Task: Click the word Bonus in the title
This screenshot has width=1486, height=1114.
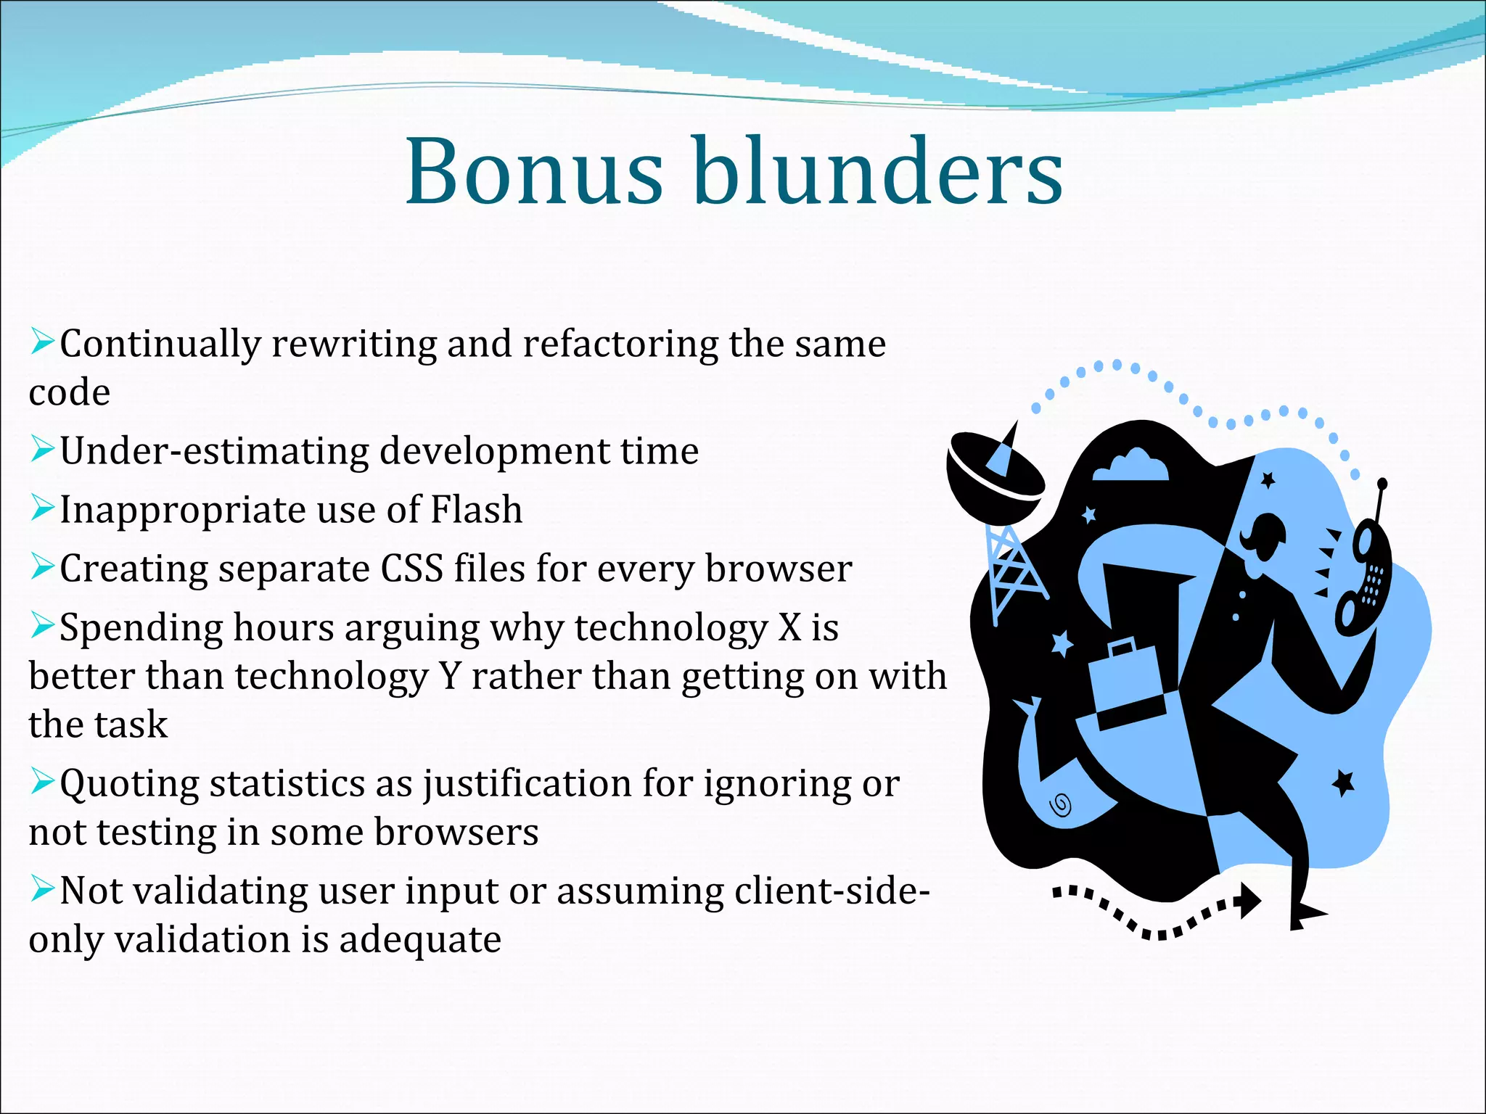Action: click(x=533, y=173)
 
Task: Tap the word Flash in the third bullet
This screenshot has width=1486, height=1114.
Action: click(x=477, y=509)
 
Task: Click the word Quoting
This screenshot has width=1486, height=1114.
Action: click(x=129, y=785)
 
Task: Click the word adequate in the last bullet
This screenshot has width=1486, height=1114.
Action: click(x=420, y=940)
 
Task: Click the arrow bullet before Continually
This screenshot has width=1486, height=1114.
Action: click(x=42, y=342)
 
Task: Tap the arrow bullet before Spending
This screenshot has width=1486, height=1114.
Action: click(x=42, y=625)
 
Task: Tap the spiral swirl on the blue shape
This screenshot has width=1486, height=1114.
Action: click(x=1061, y=805)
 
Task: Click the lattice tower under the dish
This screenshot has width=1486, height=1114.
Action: click(x=1010, y=569)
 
